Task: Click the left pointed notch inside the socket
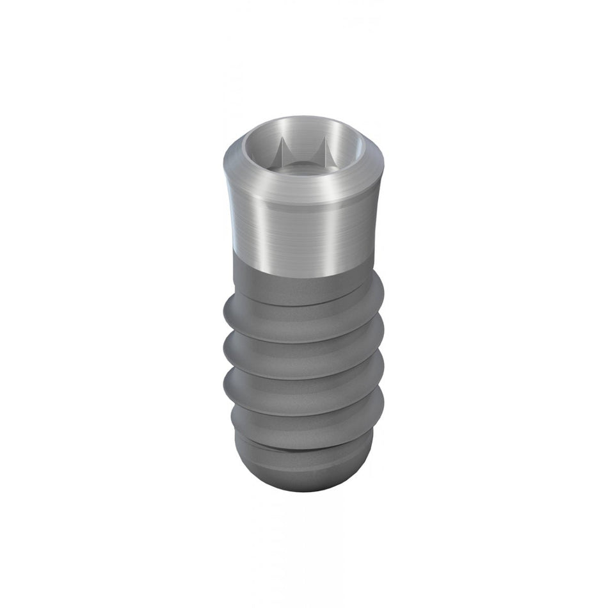coord(283,154)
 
